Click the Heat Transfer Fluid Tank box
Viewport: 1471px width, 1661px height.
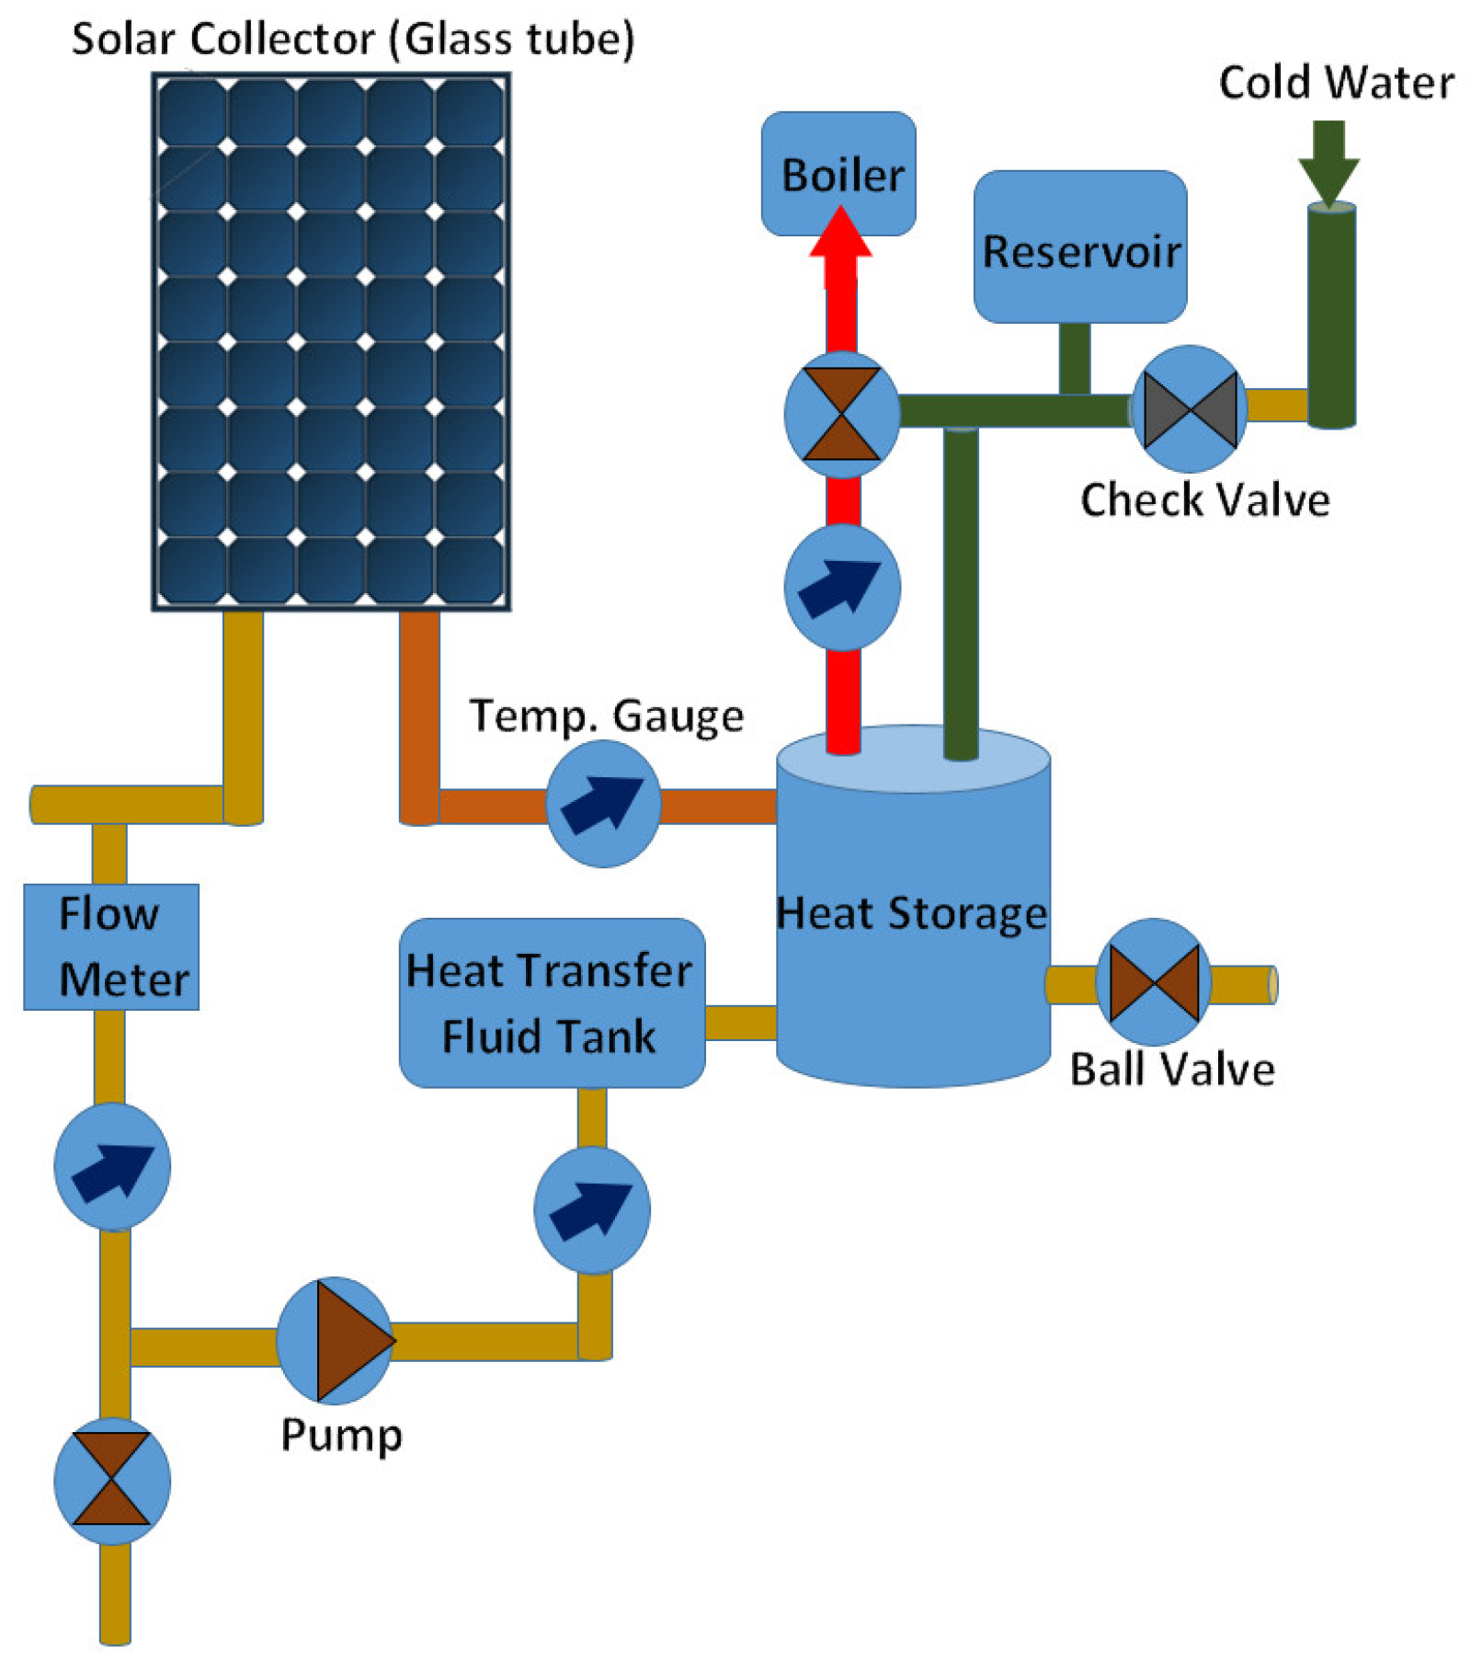[551, 1002]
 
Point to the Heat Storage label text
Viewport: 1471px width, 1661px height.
[910, 912]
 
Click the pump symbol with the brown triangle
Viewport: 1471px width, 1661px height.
[335, 1339]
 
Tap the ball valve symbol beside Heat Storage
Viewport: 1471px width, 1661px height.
[1152, 982]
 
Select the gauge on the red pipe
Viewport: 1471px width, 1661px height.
[840, 586]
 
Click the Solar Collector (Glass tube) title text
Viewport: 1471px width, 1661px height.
[353, 39]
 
